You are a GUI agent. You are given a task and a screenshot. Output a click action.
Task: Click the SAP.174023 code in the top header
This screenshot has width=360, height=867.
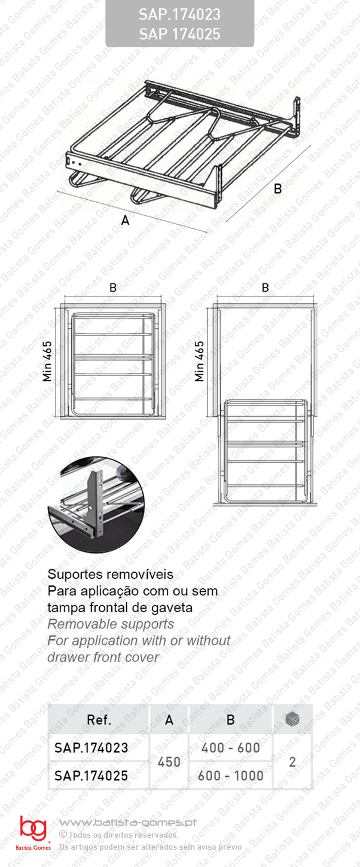point(179,15)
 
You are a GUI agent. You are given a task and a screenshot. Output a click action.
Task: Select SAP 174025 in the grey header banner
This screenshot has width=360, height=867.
point(179,34)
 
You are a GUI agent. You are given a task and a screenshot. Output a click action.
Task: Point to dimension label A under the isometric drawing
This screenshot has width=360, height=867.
point(125,220)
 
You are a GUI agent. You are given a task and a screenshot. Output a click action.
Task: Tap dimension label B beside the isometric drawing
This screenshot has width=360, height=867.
point(277,188)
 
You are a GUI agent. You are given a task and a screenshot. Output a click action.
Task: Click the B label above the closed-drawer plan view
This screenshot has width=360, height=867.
point(113,288)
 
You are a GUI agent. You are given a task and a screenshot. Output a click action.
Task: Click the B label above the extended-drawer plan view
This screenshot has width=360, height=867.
point(265,288)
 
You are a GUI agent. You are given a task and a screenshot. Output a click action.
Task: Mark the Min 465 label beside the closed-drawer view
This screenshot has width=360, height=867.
point(47,361)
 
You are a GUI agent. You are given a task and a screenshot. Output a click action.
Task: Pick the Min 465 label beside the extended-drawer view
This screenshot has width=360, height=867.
point(199,361)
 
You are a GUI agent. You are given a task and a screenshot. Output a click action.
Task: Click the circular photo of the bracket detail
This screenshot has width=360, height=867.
point(97,504)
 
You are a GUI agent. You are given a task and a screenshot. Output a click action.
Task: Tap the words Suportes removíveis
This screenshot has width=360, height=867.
point(110,574)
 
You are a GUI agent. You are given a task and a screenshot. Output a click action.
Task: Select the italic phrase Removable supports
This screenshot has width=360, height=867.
point(111,624)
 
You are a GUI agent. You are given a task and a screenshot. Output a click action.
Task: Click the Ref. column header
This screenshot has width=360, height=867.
point(99,719)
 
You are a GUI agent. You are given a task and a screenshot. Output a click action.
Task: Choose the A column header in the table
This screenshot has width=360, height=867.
point(169,719)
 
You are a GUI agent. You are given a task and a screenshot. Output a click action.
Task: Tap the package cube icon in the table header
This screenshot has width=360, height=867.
point(292,719)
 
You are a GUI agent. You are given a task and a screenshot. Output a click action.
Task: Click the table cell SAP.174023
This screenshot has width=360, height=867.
point(91,747)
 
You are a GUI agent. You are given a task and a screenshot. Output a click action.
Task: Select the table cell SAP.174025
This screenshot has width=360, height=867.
point(91,776)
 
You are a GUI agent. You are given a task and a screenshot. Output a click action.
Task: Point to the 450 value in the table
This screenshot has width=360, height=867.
point(169,762)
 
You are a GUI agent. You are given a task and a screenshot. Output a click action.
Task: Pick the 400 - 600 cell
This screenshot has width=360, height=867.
point(231,747)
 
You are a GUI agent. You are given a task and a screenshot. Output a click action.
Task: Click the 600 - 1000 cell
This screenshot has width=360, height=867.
point(231,776)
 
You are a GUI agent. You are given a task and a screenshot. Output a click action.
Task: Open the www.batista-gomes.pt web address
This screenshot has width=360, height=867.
point(128,823)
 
